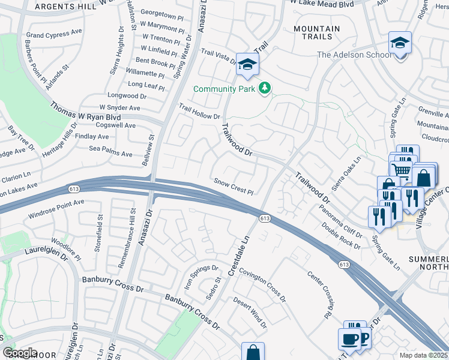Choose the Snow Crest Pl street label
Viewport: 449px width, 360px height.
click(x=234, y=187)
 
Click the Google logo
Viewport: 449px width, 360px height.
click(x=20, y=353)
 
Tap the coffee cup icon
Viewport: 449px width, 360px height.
click(x=349, y=339)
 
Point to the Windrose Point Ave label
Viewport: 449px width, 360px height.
click(x=56, y=207)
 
